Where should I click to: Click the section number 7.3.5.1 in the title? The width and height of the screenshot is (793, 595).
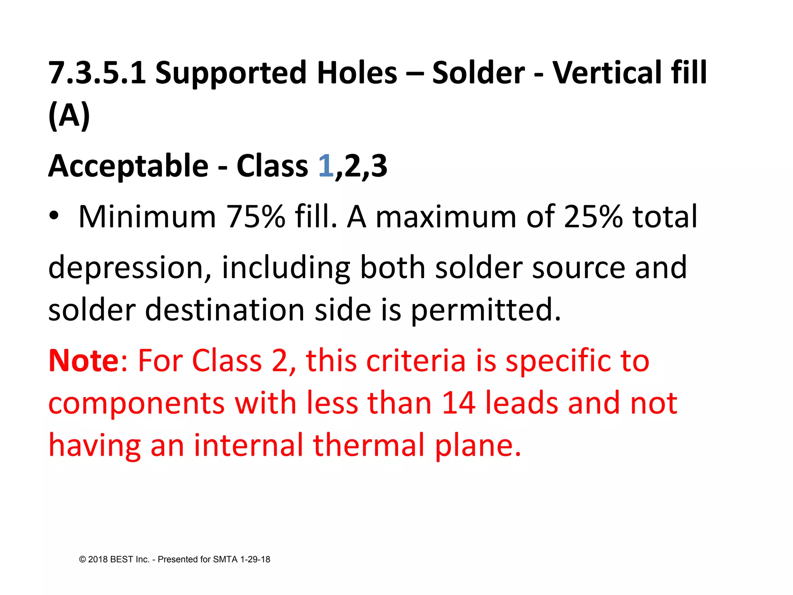point(97,73)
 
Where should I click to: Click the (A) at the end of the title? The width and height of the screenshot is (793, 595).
point(69,115)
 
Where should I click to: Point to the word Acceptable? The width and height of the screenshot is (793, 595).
point(128,166)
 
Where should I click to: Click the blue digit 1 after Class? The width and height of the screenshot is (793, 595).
point(326,166)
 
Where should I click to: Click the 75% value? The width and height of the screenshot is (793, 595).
point(256,217)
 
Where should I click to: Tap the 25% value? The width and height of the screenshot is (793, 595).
point(592,217)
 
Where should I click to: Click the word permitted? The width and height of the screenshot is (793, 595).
point(486,310)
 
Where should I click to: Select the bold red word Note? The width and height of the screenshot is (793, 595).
point(84,361)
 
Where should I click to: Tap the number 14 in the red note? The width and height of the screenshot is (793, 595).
point(458,403)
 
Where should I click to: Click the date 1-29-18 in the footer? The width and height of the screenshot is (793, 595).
point(255,559)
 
